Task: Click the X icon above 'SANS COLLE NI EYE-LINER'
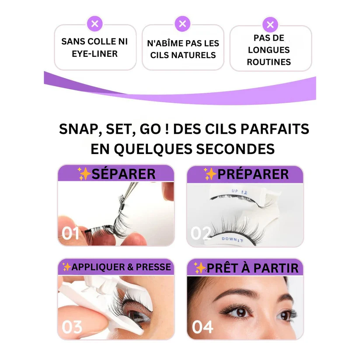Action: pos(94,24)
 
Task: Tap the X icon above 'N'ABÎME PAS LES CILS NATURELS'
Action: pos(182,24)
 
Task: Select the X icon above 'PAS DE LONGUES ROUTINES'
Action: pos(270,24)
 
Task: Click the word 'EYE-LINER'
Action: pos(95,54)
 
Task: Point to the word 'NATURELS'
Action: pos(195,55)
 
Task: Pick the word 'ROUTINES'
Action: pos(269,62)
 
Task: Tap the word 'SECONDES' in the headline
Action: pos(235,149)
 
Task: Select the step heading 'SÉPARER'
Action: pos(123,174)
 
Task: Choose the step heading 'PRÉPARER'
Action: pos(253,174)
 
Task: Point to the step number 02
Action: pos(201,233)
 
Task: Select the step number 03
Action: pos(72,327)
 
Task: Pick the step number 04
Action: pos(203,327)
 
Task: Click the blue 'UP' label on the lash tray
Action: pos(234,191)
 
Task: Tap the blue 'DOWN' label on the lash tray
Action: pos(227,239)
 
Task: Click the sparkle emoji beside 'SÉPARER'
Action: pos(84,174)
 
